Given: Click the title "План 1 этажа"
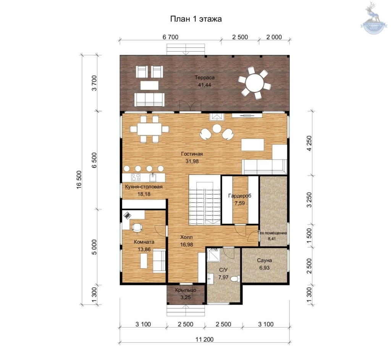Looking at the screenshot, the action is click(196, 19).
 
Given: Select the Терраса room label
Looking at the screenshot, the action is click(205, 78).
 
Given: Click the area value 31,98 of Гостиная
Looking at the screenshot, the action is click(192, 161).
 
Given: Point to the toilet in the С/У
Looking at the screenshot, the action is click(235, 279).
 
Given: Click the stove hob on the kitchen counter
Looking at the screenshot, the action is click(136, 177).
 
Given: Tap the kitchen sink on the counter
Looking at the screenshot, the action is click(153, 177).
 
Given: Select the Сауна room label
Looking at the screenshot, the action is click(264, 260).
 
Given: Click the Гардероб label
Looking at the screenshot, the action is click(240, 196).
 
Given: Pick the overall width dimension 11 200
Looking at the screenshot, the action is click(205, 339).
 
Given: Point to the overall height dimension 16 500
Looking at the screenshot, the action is click(79, 180).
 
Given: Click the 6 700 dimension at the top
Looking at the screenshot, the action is click(171, 37).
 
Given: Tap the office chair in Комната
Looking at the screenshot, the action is click(137, 227).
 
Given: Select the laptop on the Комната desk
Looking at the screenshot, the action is click(127, 215).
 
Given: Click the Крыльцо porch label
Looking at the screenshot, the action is click(186, 290).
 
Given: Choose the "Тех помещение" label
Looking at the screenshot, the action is click(272, 233).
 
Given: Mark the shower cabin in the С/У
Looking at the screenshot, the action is click(214, 255).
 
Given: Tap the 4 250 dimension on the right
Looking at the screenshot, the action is click(309, 143).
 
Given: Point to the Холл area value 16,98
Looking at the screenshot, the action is click(187, 245).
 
